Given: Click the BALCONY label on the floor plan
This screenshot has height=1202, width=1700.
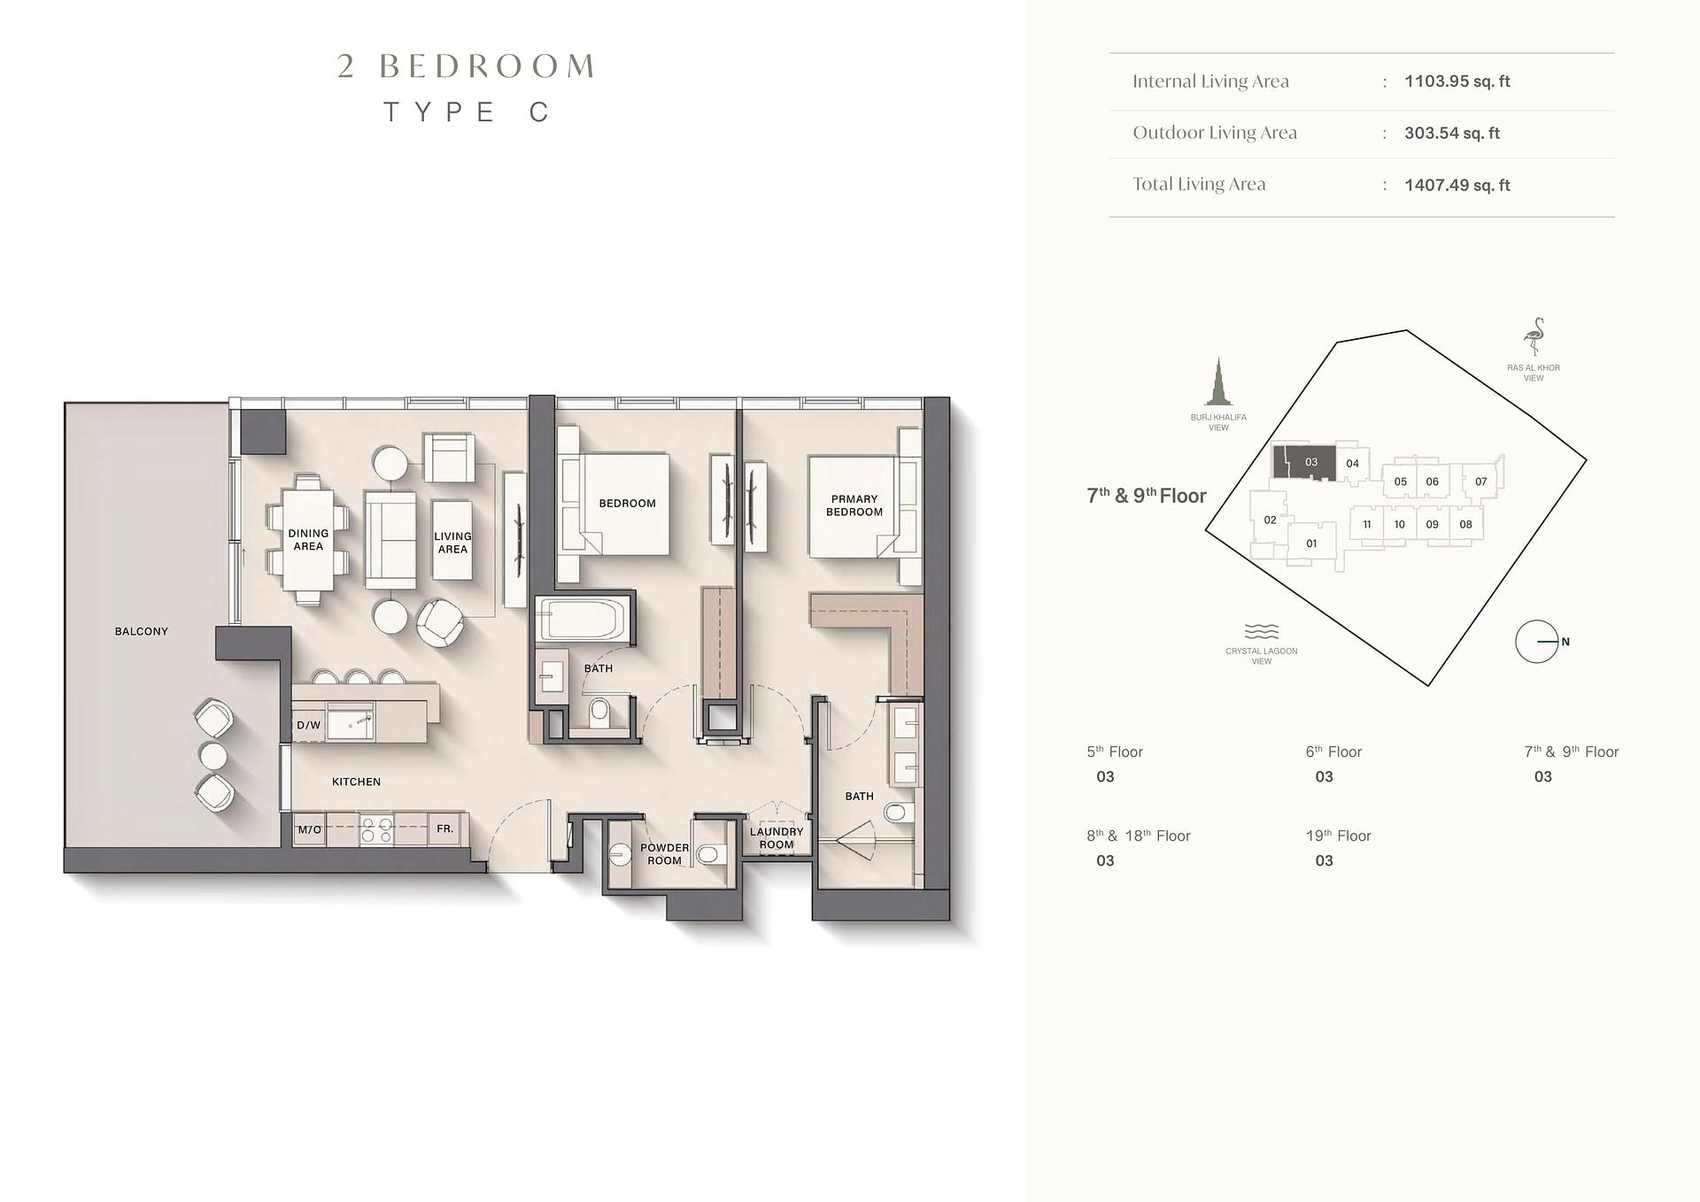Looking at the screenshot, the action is point(141,631).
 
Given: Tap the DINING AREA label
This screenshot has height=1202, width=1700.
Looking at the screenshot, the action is point(308,540).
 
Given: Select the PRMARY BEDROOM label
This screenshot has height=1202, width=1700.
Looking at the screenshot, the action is point(854,505).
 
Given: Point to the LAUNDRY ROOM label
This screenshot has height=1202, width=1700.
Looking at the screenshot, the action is point(777,838).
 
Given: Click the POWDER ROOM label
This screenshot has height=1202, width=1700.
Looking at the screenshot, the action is point(664,854).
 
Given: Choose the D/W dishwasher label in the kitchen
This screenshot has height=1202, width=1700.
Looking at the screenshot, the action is point(308,725).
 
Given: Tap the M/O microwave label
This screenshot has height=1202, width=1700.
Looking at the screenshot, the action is point(309,829).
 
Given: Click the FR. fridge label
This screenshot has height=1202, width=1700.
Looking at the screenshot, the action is point(444,828).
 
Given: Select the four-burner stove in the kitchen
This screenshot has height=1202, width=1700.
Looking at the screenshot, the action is point(376,829).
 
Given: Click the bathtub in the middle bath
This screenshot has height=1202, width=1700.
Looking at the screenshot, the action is point(582,619).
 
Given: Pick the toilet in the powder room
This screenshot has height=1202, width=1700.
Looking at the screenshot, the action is point(707,855).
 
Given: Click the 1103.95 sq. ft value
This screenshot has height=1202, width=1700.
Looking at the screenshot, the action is point(1457,81).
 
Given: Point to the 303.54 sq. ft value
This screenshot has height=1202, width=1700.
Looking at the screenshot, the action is point(1452,133).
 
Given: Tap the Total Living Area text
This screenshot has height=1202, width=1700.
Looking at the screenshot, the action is point(1199,184).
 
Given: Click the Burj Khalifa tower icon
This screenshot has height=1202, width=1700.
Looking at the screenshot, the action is point(1218,381).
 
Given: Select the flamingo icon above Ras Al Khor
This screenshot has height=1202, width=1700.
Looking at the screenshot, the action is point(1534,337).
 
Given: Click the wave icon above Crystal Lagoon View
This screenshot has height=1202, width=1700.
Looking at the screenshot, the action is point(1262,631).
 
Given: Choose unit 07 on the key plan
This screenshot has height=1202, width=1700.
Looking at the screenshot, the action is point(1481,482).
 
